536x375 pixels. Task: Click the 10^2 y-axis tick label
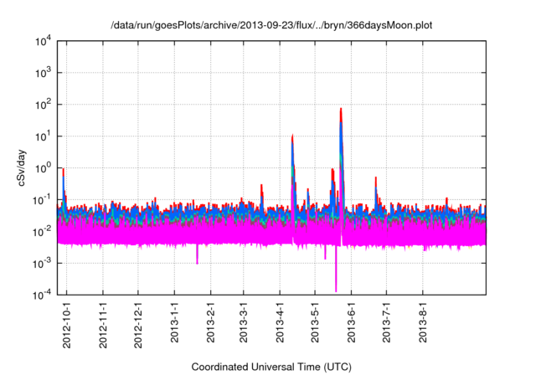[x=44, y=105]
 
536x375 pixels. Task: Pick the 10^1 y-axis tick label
[x=44, y=136]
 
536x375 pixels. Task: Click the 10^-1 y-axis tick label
[x=42, y=199]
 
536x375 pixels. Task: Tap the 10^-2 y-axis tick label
[x=42, y=231]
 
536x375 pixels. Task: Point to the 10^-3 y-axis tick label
[x=42, y=263]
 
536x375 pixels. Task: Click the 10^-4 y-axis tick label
[x=42, y=294]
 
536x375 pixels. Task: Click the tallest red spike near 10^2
[x=341, y=109]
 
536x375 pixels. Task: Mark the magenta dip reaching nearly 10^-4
[x=336, y=289]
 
